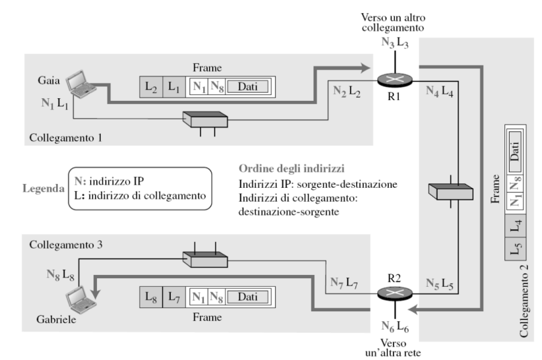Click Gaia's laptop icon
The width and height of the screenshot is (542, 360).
[x=81, y=84]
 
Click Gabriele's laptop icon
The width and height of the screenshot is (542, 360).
[x=81, y=300]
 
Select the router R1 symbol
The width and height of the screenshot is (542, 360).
[x=395, y=80]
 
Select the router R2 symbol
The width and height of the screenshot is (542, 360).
[x=395, y=293]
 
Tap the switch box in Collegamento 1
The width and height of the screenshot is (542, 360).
[x=205, y=119]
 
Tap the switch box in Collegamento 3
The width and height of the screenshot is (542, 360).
[x=205, y=260]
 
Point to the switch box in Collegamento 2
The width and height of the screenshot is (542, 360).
[x=451, y=192]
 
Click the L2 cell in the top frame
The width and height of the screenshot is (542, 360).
[x=151, y=87]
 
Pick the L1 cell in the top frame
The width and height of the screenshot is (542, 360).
[x=174, y=87]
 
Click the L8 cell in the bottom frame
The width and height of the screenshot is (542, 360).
[x=151, y=297]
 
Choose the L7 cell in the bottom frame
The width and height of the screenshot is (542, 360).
[x=174, y=297]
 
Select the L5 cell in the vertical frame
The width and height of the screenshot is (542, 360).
[x=516, y=249]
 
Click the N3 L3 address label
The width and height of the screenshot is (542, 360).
[x=395, y=42]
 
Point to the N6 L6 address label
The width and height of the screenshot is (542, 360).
[x=395, y=326]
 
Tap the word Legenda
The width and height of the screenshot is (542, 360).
[x=44, y=189]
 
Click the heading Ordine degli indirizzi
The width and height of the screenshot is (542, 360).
[x=291, y=169]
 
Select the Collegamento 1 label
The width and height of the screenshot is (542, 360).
[x=66, y=138]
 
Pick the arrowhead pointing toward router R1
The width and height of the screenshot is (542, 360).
[x=365, y=68]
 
